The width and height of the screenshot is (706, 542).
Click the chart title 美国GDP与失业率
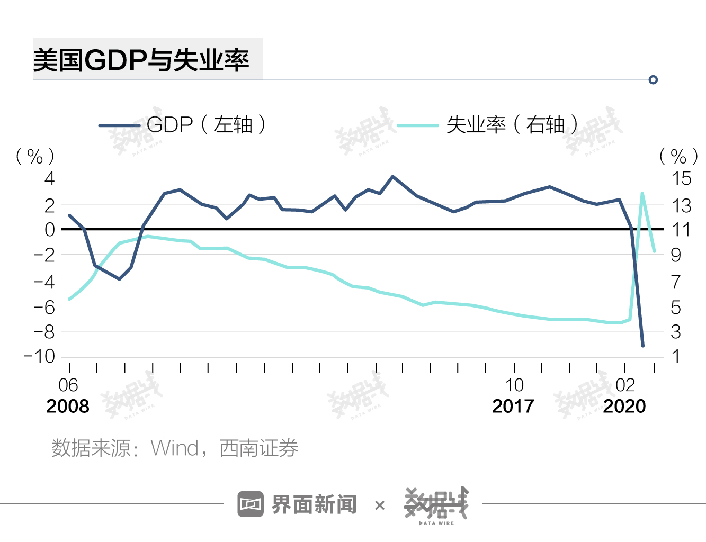(x=141, y=60)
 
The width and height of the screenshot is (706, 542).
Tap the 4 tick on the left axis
(x=50, y=178)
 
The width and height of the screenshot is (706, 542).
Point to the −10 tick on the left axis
(x=40, y=356)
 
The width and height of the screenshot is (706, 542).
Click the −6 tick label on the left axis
(x=44, y=306)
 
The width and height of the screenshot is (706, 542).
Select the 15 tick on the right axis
(x=681, y=178)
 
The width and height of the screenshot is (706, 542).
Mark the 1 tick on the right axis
(x=676, y=356)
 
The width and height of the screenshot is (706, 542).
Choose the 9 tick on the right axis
(x=676, y=255)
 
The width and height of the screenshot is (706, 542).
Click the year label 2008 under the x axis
(x=68, y=406)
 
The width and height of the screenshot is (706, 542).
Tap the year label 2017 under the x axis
(x=513, y=406)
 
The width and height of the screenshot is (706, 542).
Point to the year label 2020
(x=625, y=406)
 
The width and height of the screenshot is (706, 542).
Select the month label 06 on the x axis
(x=68, y=385)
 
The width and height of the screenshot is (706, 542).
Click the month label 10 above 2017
(x=514, y=385)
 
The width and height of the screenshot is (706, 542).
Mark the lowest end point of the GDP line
(x=643, y=345)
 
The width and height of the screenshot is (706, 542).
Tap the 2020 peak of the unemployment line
(x=642, y=194)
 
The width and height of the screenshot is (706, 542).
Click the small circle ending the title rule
(x=653, y=80)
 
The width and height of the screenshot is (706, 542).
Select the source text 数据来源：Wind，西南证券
(x=175, y=448)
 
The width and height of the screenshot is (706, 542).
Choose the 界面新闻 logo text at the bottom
(x=314, y=504)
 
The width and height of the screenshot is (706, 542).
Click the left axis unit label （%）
(x=35, y=156)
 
